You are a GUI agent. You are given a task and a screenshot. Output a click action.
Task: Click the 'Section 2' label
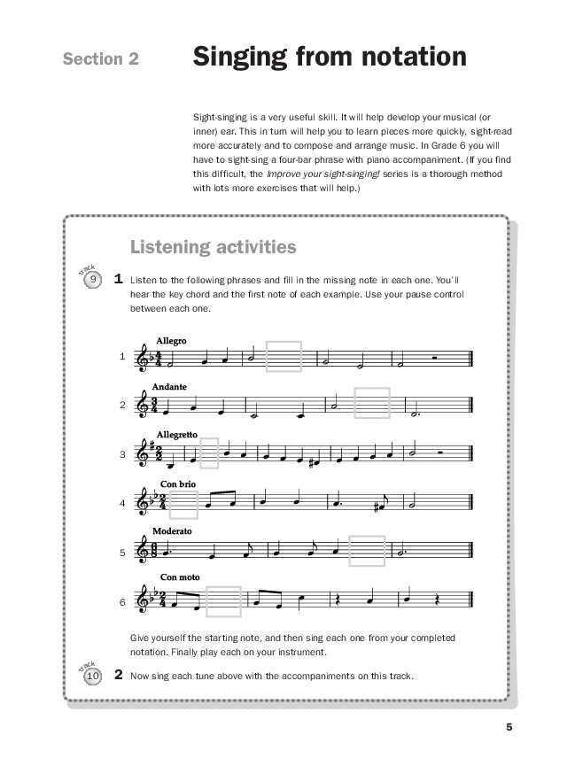[x=101, y=59]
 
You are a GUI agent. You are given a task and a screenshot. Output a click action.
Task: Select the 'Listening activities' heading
[x=213, y=246]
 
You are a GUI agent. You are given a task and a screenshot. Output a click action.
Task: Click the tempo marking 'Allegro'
[x=171, y=340]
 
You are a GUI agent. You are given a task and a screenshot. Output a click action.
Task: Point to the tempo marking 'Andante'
[x=168, y=387]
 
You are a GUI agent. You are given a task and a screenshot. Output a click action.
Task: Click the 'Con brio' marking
[x=178, y=484]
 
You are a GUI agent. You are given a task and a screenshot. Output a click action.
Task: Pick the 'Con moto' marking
[x=179, y=577]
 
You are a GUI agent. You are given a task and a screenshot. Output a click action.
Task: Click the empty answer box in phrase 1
[x=284, y=358]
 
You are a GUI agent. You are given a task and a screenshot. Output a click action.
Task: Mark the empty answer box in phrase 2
[x=371, y=403]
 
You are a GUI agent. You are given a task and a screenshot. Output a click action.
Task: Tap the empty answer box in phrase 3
[x=209, y=453]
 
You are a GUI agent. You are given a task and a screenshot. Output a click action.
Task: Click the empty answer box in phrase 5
[x=367, y=551]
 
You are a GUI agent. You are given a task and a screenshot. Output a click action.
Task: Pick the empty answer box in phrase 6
[x=223, y=601]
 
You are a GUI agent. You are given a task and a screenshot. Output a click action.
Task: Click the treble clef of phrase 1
[x=142, y=358]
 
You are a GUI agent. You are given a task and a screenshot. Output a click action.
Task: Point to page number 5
[x=509, y=728]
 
